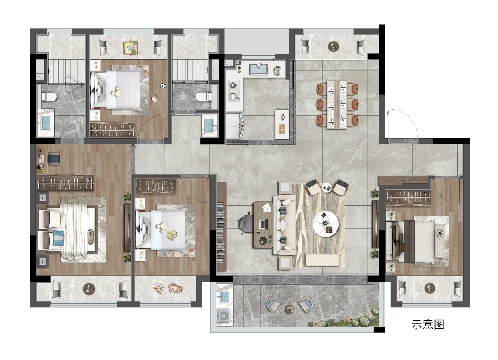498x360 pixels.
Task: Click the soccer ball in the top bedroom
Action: tap(163, 85)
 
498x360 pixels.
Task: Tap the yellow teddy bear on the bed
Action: tap(172, 235)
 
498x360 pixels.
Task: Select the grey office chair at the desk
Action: tap(245, 224)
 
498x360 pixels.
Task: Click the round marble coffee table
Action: tap(326, 224)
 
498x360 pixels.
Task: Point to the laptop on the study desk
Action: tap(264, 224)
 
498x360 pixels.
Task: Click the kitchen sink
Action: tap(259, 69)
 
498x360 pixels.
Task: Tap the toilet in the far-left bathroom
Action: tap(49, 96)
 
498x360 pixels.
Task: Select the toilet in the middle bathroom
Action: tap(204, 96)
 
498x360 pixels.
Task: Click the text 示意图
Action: tap(428, 324)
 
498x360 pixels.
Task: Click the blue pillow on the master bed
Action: tap(59, 238)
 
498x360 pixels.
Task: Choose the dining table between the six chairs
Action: tap(337, 105)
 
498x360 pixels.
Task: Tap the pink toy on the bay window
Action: tap(176, 288)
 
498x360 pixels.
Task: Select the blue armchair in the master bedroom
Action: tap(54, 159)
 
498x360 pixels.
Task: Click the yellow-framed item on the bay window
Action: tap(131, 47)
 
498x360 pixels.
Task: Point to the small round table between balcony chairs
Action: tap(289, 309)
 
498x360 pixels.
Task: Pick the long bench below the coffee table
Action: tap(322, 260)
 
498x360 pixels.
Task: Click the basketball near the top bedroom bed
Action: tap(155, 98)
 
